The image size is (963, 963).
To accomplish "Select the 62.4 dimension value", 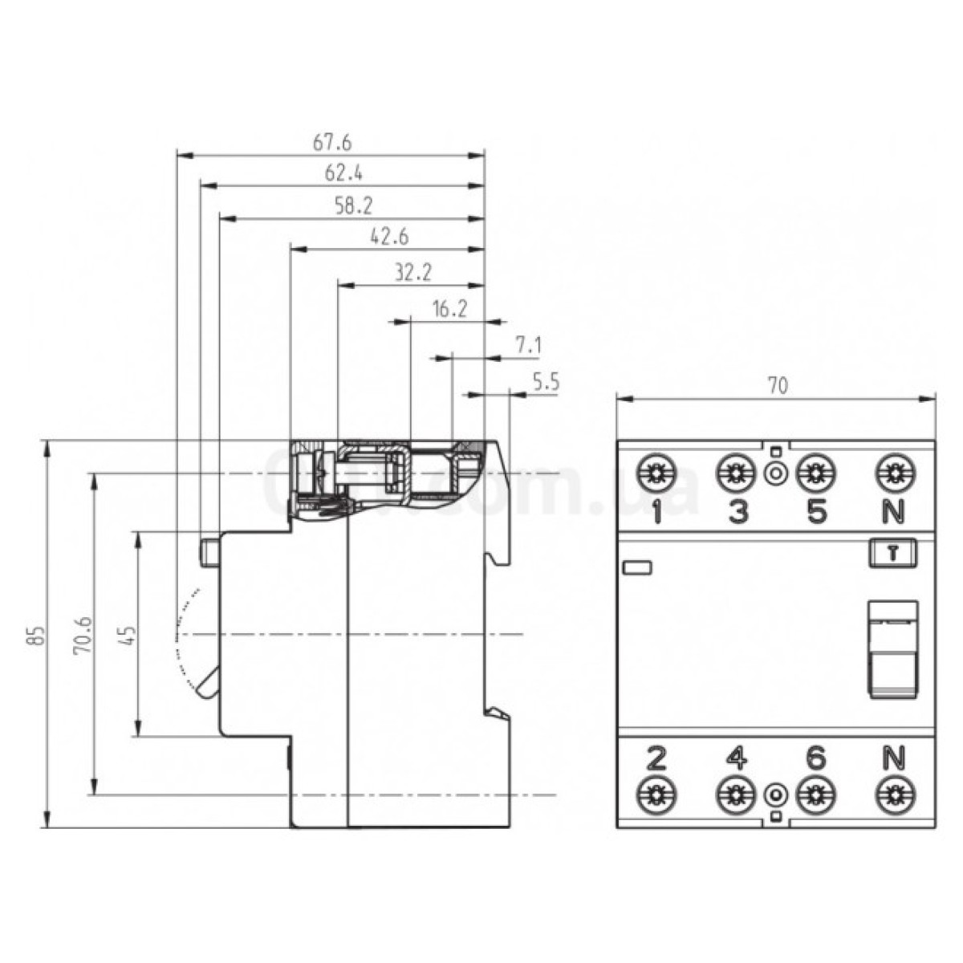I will click(343, 173).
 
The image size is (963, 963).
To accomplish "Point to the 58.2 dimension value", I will click(353, 206).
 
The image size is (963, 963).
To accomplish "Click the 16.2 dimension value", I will click(449, 310).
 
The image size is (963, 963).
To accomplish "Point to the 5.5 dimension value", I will click(545, 383).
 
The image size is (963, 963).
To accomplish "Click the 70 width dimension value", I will click(776, 385).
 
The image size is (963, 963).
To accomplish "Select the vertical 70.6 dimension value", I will click(82, 636).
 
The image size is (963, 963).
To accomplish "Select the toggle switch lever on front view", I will click(893, 648).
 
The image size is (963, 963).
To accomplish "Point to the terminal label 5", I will click(815, 511).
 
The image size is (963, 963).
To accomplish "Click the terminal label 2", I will click(656, 758).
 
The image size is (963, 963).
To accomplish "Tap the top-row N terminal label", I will click(893, 511).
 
